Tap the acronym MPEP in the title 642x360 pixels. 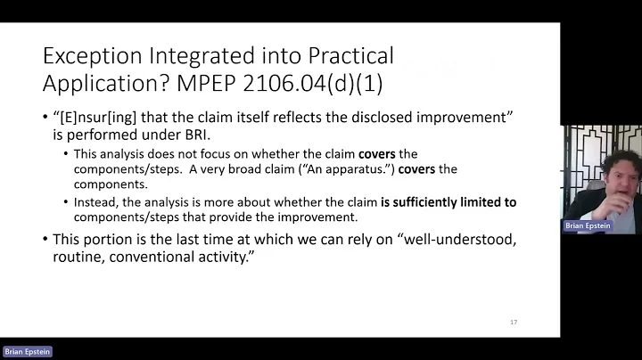pyautogui.click(x=235, y=85)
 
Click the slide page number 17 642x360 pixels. pyautogui.click(x=513, y=322)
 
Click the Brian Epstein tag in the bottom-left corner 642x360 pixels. pyautogui.click(x=28, y=352)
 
